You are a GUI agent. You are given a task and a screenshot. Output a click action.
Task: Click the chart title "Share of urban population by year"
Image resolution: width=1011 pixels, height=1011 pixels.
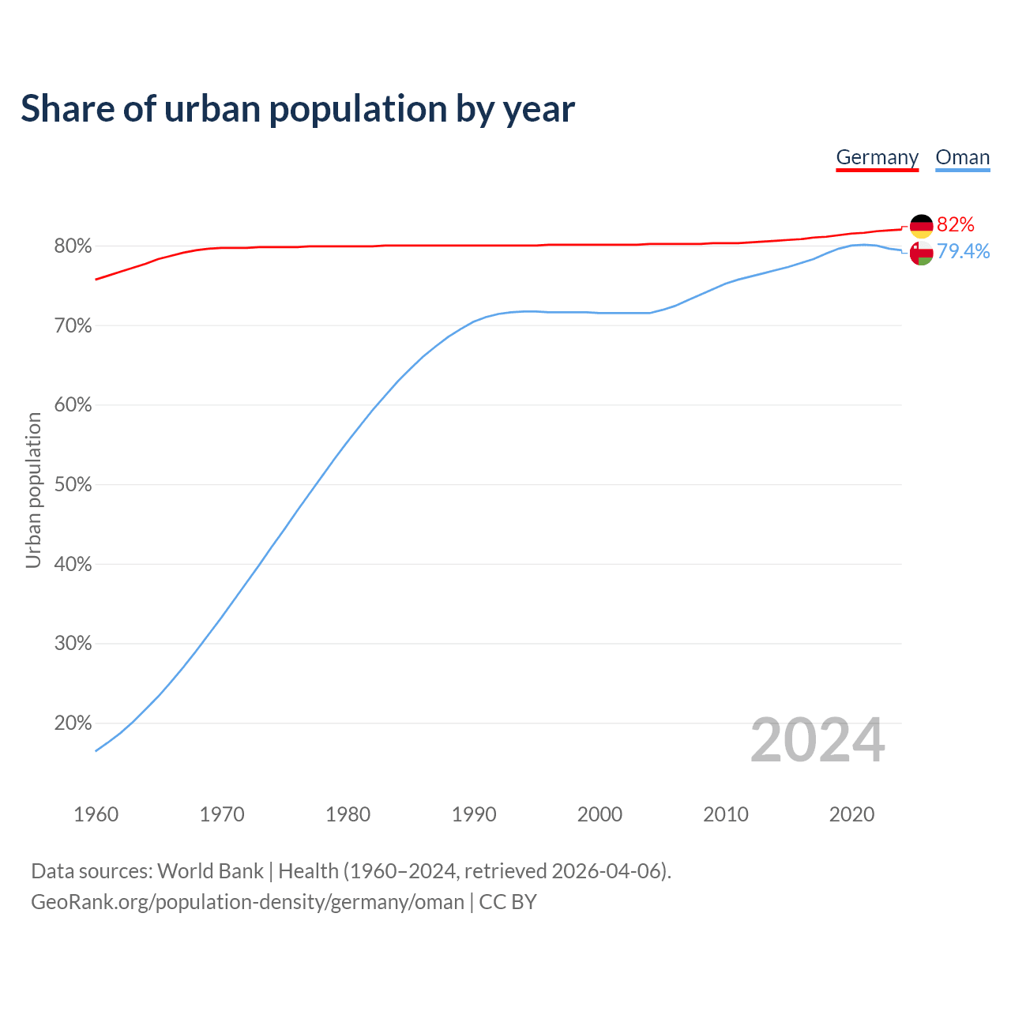tap(298, 109)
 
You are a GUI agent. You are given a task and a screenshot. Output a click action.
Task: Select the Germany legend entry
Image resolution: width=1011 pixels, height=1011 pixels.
tap(877, 157)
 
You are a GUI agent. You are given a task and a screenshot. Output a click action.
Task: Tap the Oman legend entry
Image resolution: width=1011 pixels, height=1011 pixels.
tap(962, 157)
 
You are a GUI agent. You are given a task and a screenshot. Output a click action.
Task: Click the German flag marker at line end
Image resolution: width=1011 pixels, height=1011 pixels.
tap(921, 226)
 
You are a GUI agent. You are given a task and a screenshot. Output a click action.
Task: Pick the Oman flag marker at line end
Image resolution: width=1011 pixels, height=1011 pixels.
tap(921, 254)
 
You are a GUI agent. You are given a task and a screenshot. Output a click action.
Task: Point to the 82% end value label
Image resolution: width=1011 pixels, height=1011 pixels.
tap(955, 225)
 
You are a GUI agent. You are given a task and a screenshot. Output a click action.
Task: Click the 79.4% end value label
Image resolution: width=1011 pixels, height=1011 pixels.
tap(963, 251)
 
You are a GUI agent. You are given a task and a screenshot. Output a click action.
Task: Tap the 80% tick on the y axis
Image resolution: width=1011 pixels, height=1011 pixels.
tap(73, 246)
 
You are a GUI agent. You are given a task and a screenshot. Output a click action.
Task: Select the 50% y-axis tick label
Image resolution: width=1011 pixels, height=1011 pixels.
tap(73, 485)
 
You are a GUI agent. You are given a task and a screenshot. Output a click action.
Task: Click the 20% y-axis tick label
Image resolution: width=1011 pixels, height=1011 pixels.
tap(73, 723)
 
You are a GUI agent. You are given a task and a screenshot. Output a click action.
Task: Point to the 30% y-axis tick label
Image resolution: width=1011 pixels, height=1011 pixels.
tap(73, 644)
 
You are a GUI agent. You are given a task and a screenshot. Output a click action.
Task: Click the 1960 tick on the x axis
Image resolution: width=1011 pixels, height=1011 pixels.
tap(96, 814)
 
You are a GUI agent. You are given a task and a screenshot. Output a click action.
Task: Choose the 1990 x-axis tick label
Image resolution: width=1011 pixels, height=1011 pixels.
tap(474, 814)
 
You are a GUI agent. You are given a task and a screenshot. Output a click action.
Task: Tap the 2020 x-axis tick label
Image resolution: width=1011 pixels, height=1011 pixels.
tap(851, 814)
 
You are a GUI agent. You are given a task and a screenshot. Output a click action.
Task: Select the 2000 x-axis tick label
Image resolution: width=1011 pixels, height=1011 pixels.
tap(599, 814)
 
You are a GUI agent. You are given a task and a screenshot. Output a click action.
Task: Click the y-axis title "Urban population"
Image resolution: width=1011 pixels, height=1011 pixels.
tap(33, 490)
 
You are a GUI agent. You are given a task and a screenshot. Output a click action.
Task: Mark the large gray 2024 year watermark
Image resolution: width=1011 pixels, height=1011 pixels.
tap(817, 740)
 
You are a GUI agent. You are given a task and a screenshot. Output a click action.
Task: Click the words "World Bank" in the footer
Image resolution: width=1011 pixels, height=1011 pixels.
tap(210, 871)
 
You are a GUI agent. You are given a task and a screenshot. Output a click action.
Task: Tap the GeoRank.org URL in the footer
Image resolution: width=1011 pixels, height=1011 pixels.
tap(247, 902)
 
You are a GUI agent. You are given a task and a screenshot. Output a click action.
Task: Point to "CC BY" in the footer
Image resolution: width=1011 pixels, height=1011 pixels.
tap(508, 902)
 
